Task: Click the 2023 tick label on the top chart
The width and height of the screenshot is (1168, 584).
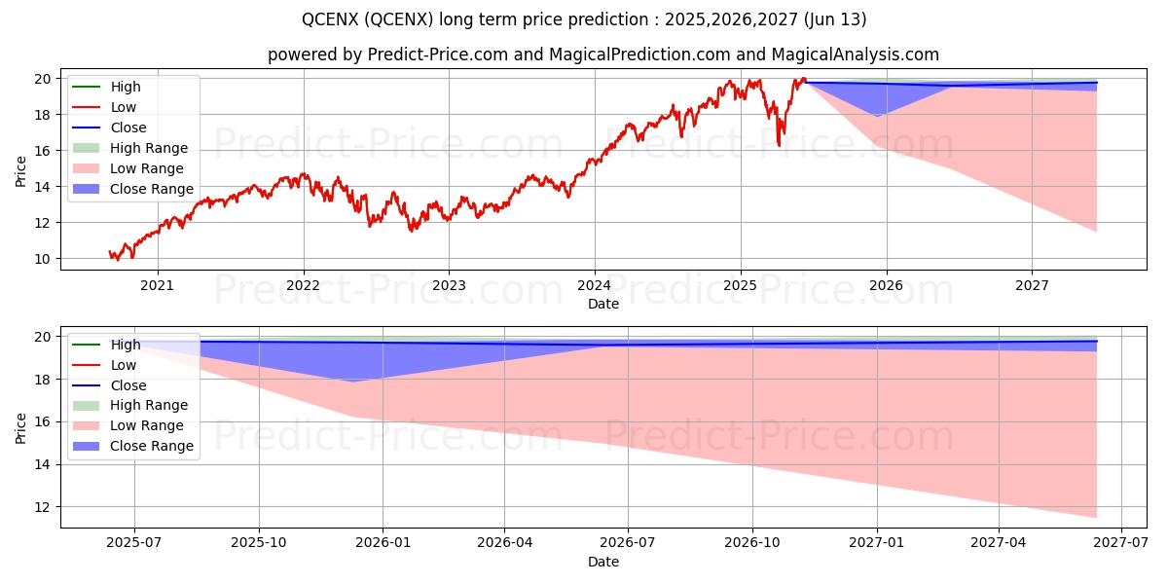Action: click(449, 285)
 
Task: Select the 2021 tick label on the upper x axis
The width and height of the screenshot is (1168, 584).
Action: click(158, 285)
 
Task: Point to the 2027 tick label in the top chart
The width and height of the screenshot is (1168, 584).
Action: click(1032, 285)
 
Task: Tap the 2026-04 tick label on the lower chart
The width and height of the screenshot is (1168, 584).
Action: click(504, 543)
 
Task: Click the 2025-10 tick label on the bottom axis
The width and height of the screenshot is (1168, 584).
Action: click(259, 543)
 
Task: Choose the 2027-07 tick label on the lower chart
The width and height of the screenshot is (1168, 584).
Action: click(1122, 543)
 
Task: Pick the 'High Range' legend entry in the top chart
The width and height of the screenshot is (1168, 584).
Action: click(149, 148)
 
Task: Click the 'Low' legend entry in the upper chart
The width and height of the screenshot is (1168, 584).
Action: click(124, 107)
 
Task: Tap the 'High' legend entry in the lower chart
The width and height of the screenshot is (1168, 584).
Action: click(126, 345)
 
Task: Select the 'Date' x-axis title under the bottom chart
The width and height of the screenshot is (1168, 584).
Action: click(602, 562)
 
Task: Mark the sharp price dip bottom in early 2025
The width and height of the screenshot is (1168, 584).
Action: click(778, 145)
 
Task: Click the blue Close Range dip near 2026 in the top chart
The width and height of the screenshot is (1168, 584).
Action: click(877, 115)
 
